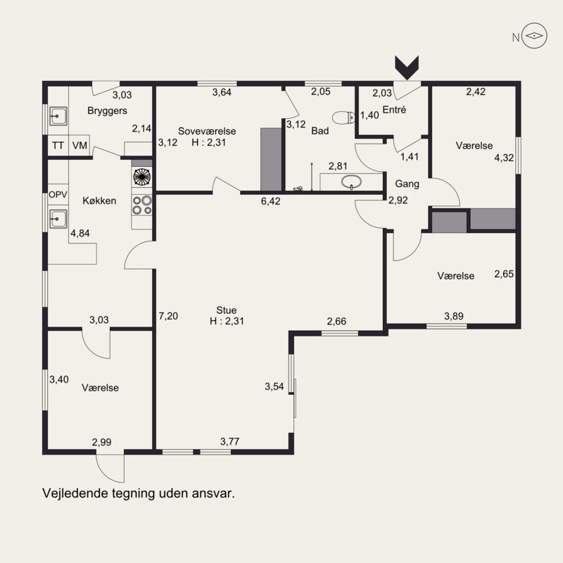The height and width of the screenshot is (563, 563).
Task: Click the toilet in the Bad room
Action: [343, 118]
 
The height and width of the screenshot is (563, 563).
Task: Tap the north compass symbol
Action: [534, 36]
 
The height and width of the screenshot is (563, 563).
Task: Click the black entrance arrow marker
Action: [407, 68]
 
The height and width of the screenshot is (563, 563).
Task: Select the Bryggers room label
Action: [107, 110]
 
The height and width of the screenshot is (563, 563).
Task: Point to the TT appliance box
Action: [58, 146]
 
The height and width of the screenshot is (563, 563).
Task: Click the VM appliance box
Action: [80, 146]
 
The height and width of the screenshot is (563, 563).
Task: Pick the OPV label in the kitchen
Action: [58, 195]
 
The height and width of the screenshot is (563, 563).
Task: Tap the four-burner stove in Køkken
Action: [142, 205]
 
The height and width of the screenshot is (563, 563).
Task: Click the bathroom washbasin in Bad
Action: [350, 182]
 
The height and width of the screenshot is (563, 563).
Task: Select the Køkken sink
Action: [58, 219]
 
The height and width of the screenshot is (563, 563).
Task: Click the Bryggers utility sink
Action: [58, 116]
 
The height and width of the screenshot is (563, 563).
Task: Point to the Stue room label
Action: [226, 310]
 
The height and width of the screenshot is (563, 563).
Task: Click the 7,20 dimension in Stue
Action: [168, 316]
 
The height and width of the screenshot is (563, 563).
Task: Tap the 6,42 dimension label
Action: [270, 201]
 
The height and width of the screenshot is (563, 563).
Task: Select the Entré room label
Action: [394, 110]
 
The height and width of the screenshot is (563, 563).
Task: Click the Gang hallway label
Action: [407, 184]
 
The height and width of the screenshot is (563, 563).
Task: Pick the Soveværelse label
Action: [207, 131]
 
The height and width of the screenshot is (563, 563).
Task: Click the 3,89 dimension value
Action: [454, 316]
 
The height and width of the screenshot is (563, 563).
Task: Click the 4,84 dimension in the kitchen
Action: [80, 234]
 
